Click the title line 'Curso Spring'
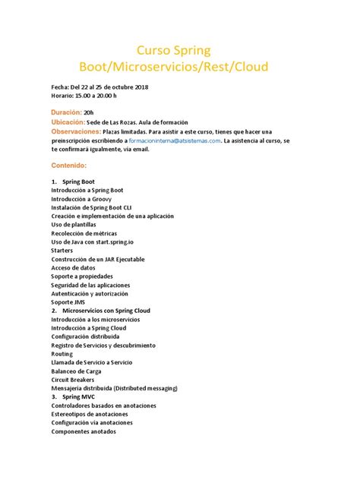coord(179,50)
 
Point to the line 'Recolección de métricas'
coord(84,233)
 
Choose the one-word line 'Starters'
coord(62,250)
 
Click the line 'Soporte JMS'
coord(69,302)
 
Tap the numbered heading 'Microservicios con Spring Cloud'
coord(106,311)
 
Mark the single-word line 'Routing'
coord(62,353)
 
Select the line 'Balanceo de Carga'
coord(77,371)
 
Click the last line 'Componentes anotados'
coord(84,431)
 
